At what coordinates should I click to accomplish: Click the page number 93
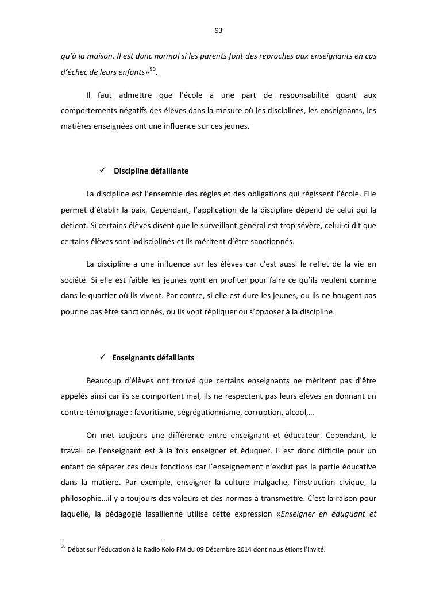click(218, 30)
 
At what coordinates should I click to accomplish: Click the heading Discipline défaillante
click(151, 171)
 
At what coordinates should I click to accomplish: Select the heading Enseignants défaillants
click(153, 357)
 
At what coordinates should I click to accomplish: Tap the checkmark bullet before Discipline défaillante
click(103, 171)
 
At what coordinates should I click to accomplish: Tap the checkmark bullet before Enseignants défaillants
click(103, 357)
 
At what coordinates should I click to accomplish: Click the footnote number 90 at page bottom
click(63, 548)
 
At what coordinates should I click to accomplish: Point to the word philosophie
click(80, 496)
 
